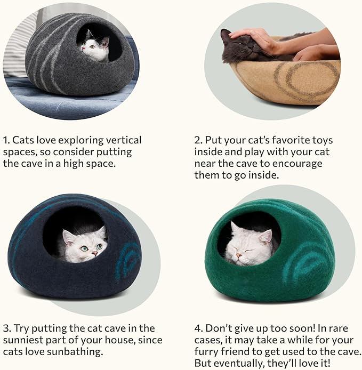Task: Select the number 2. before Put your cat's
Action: tap(198, 140)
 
